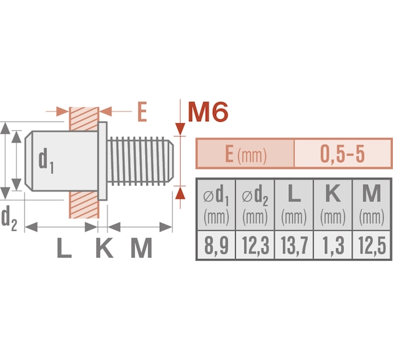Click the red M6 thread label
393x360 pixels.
[x=208, y=112]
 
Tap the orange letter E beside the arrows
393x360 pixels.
[x=142, y=112]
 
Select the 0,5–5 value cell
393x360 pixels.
[x=343, y=154]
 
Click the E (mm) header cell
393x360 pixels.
[x=246, y=154]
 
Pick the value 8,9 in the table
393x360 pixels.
[x=216, y=245]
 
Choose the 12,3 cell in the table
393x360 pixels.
[x=255, y=245]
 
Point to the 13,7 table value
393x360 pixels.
[x=294, y=245]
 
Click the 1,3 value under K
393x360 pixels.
[x=333, y=245]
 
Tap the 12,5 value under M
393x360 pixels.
[x=372, y=245]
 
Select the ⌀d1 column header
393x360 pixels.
[x=216, y=205]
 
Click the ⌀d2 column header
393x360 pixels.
[x=255, y=205]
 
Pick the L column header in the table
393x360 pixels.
[x=294, y=205]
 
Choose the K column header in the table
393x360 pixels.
[x=333, y=205]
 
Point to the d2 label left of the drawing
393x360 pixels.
[x=9, y=218]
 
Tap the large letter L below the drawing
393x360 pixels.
[x=64, y=248]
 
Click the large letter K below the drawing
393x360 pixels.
[x=104, y=248]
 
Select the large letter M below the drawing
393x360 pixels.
[x=141, y=248]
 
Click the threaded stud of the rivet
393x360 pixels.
[x=140, y=161]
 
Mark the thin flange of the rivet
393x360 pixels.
[x=103, y=161]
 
